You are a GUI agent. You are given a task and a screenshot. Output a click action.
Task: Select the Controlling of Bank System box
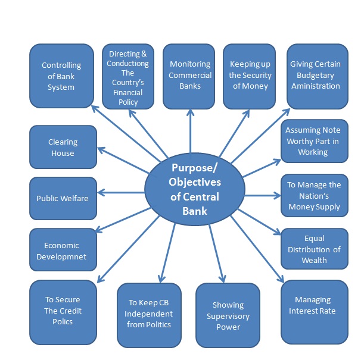pyautogui.click(x=61, y=76)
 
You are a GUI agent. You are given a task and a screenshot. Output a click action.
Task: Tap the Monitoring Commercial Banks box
pyautogui.click(x=189, y=76)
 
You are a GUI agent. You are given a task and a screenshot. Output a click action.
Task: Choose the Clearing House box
pyautogui.click(x=62, y=147)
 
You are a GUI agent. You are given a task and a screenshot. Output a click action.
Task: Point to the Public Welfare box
pyautogui.click(x=62, y=198)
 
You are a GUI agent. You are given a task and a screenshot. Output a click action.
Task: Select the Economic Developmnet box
pyautogui.click(x=62, y=250)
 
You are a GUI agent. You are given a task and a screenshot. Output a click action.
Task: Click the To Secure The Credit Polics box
pyautogui.click(x=62, y=311)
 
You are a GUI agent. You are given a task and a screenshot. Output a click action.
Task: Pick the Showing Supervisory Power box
pyautogui.click(x=228, y=315)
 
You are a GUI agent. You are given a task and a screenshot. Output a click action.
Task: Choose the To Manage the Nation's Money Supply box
pyautogui.click(x=315, y=196)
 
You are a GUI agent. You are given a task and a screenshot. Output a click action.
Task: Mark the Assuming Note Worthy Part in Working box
pyautogui.click(x=313, y=141)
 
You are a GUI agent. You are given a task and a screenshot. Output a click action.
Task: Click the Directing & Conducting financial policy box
pyautogui.click(x=128, y=76)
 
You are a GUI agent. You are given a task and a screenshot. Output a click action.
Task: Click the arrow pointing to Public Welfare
pyautogui.click(x=122, y=192)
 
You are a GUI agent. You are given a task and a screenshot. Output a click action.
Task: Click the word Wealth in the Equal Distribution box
pyautogui.click(x=314, y=260)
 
